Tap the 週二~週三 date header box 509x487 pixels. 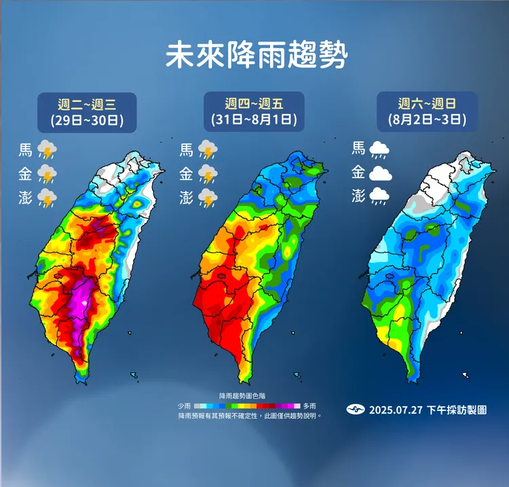(87, 112)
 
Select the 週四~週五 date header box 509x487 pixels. (254, 112)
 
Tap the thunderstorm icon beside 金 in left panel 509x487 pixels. (47, 174)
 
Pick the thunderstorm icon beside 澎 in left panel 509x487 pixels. (47, 198)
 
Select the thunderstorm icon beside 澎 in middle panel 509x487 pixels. (207, 198)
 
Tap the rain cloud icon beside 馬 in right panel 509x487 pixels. (379, 149)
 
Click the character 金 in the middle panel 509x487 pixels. (185, 174)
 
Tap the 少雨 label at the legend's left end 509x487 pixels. (185, 405)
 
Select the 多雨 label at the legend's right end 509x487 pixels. (310, 405)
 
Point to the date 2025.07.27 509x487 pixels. (396, 410)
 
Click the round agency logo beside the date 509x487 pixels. (356, 410)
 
